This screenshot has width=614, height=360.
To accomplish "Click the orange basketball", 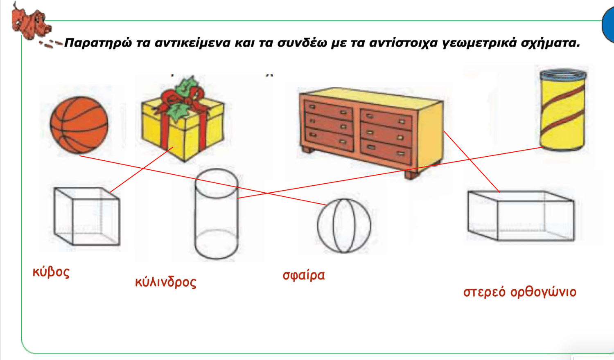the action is [79, 125].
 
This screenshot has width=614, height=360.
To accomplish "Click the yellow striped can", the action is [563, 110].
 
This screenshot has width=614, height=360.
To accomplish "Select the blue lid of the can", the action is [563, 75].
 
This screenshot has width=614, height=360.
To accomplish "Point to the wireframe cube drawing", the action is [87, 216].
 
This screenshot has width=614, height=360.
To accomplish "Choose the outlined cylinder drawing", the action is [216, 214].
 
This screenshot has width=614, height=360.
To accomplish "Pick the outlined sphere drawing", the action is [344, 225].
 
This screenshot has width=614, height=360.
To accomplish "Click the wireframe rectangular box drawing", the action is [521, 216].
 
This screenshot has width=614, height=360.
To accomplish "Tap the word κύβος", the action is [51, 272].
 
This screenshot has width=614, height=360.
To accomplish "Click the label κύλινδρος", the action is [166, 282].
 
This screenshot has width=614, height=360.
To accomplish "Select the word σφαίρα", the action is [304, 275].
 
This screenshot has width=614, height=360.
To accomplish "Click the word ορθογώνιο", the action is [543, 292].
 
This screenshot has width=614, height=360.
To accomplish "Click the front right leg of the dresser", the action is [413, 174].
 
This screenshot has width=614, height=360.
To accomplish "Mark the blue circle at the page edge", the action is [608, 25].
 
